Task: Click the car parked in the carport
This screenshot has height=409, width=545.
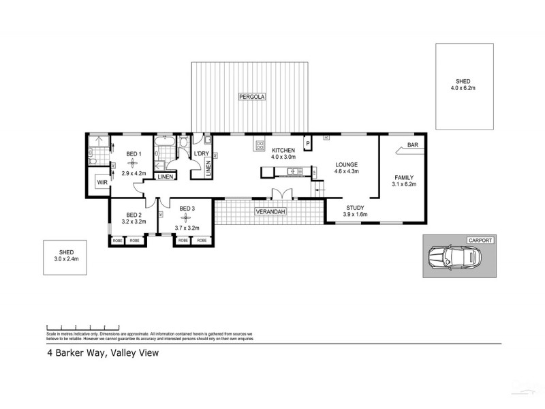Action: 452,258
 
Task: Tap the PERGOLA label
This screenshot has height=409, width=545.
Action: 251,97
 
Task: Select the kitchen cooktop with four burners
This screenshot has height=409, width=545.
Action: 260,144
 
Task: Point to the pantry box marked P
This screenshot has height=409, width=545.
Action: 308,143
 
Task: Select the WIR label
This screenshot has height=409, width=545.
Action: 102,183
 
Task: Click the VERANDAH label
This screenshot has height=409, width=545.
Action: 270,212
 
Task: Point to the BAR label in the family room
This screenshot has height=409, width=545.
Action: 412,145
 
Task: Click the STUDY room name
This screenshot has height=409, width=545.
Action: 354,208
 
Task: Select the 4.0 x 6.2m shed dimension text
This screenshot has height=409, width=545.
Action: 464,88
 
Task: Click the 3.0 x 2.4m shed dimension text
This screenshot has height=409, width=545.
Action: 67,260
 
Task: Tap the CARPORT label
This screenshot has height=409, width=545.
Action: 480,241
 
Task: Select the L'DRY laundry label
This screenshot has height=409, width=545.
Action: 201,153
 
